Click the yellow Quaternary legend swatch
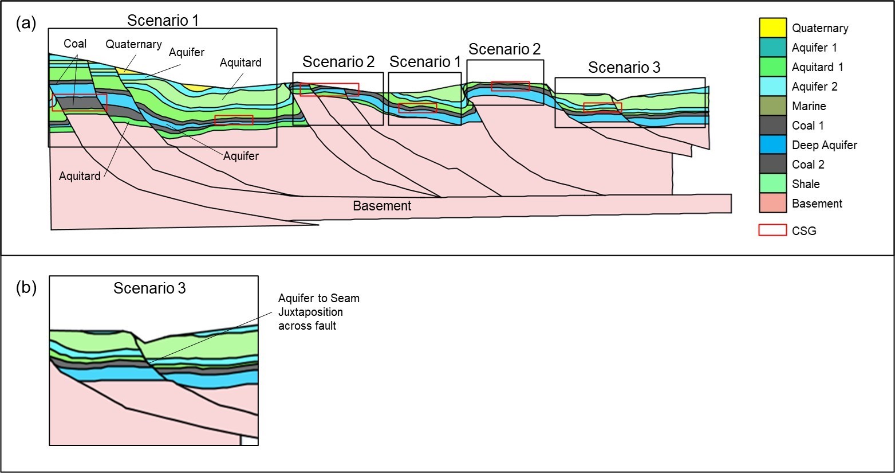[x=772, y=28]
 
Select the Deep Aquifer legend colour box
[x=772, y=144]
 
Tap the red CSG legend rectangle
[x=772, y=230]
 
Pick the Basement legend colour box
[x=772, y=203]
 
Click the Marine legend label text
[x=809, y=106]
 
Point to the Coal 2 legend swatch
[x=772, y=164]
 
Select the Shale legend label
[x=806, y=184]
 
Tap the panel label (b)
[x=26, y=287]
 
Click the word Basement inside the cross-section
[x=382, y=206]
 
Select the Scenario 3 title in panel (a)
[x=624, y=68]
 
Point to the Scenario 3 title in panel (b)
[x=149, y=288]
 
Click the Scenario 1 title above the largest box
[x=163, y=21]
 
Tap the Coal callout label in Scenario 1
[x=75, y=44]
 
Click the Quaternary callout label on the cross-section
[x=133, y=44]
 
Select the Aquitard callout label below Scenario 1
[x=80, y=176]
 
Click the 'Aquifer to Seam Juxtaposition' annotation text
[x=318, y=312]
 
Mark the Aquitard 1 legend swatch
[x=772, y=67]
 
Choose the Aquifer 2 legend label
[x=814, y=87]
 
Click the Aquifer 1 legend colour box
[x=772, y=47]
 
